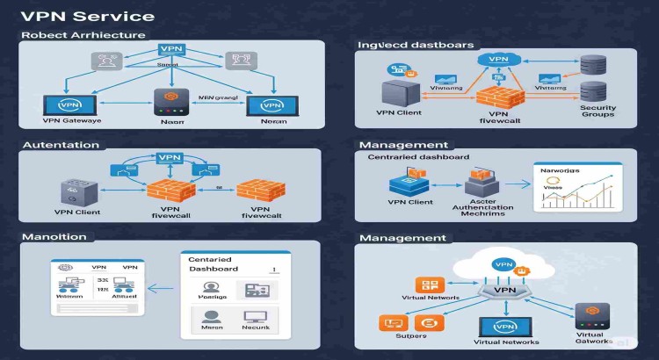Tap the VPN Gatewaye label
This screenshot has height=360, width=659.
point(71,120)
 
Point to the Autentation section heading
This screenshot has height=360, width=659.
point(60,144)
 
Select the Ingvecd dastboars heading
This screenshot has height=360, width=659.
point(416,44)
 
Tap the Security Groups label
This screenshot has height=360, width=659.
point(597,111)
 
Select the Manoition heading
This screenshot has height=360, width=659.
point(54,237)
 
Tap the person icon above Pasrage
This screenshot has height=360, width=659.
point(211,289)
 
